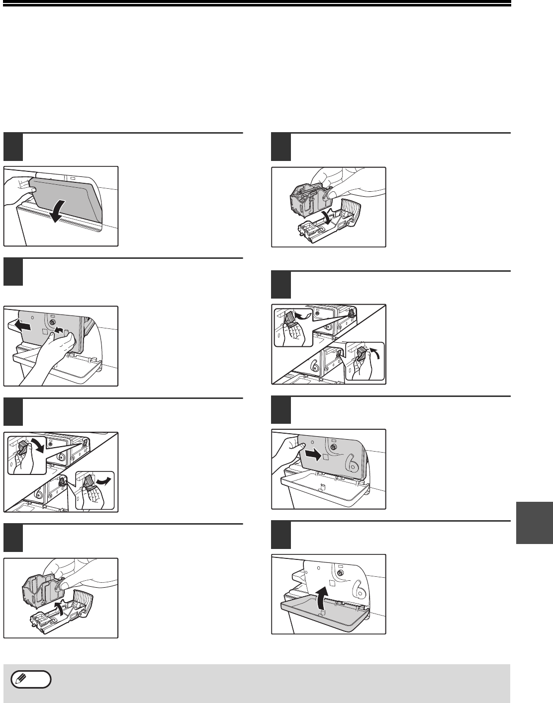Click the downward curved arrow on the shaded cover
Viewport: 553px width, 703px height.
[60, 211]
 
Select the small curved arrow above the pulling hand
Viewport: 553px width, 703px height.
[58, 330]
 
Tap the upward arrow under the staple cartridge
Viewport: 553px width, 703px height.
[59, 608]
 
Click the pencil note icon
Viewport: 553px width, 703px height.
[31, 679]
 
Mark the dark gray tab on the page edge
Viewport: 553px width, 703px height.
[534, 523]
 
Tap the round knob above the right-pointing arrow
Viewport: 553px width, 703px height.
[334, 447]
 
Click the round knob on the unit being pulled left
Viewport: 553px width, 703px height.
[52, 322]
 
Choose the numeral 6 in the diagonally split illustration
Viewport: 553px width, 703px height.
[314, 365]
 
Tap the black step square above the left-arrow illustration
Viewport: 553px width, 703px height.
[13, 272]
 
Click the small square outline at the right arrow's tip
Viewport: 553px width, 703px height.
[326, 457]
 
